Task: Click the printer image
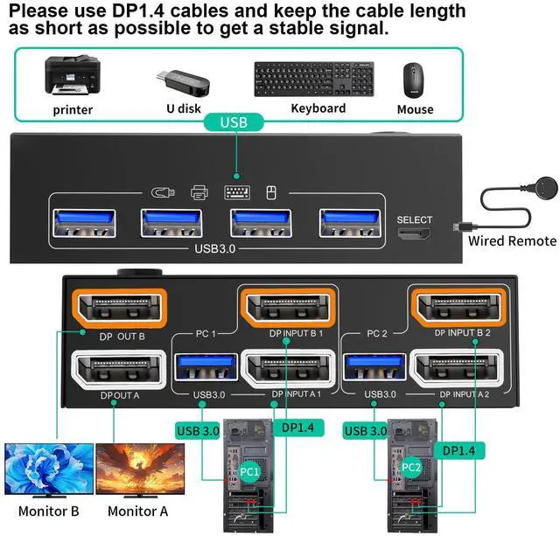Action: coord(72,78)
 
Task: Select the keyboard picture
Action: coord(314,80)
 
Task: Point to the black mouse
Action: coord(414,80)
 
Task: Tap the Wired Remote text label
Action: coord(512,240)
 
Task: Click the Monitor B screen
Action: coord(49,469)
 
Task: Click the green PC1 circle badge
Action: coord(249,471)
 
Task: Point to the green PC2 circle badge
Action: coord(410,468)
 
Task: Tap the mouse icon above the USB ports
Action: coord(271,193)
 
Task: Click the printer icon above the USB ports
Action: coord(199,192)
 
